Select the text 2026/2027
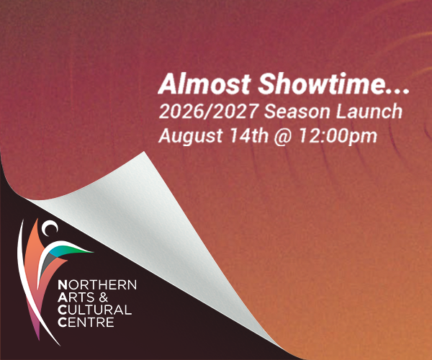pos(208,112)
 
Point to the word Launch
pos(369,111)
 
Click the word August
pos(190,136)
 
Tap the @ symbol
pos(283,136)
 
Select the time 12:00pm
pos(338,136)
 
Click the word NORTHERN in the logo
pos(97,284)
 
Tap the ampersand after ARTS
pos(103,297)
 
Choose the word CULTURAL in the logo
pos(95,310)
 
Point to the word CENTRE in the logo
pos(86,323)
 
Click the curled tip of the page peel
pos(143,153)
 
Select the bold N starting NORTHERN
pos(63,284)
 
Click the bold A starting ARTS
pos(63,297)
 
